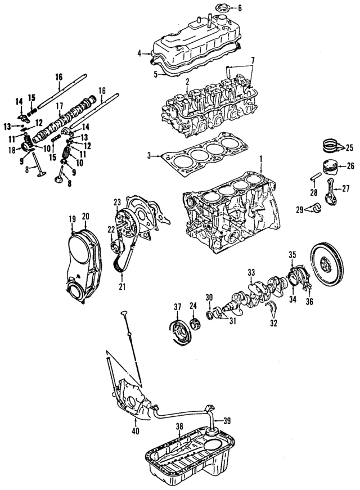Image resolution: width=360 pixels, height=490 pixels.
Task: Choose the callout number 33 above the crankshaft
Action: click(251, 271)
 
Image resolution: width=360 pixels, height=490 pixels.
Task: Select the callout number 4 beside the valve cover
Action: click(139, 53)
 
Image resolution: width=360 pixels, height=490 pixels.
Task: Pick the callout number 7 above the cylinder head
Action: click(253, 60)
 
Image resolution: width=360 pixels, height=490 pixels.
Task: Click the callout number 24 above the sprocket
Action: click(193, 306)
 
